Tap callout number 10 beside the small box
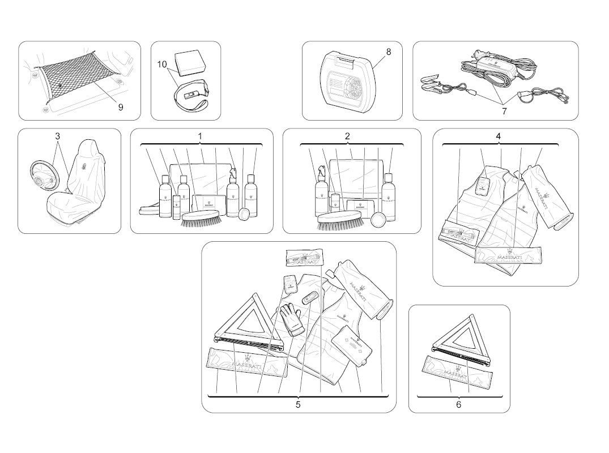(x=162, y=65)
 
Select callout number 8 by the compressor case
(x=389, y=52)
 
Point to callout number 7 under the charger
(x=504, y=111)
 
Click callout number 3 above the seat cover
(x=58, y=136)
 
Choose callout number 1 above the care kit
(x=200, y=136)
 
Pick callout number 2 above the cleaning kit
(x=347, y=136)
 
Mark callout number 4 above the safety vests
(x=499, y=136)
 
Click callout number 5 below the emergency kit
(x=297, y=405)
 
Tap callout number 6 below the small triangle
(x=458, y=405)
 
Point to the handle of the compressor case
(x=347, y=57)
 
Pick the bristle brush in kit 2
(x=339, y=219)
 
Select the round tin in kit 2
(x=378, y=219)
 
